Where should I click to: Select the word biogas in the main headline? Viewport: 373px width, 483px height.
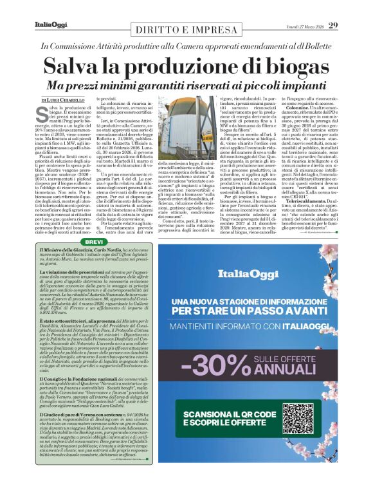click(277, 67)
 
